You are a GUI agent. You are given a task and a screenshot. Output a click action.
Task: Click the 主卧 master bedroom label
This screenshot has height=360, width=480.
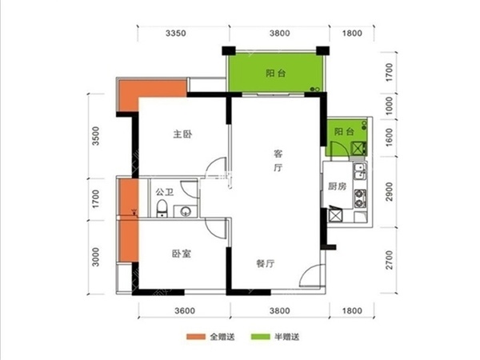(x=182, y=134)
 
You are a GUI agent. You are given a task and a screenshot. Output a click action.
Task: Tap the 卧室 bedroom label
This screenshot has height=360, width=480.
(x=182, y=254)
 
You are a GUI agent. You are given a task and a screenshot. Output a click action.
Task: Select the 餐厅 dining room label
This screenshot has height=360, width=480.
(x=266, y=263)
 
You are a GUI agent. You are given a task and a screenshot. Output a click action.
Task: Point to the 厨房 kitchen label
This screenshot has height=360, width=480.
(x=338, y=186)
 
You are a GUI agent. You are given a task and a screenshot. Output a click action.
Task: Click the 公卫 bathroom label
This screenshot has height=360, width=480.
(x=165, y=192)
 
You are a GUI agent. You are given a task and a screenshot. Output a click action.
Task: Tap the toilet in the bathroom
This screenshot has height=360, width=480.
(x=162, y=208)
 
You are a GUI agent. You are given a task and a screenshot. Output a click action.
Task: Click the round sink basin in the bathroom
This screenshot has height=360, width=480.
(x=186, y=211)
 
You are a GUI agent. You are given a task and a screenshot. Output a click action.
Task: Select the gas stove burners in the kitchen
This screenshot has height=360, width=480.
(x=360, y=198)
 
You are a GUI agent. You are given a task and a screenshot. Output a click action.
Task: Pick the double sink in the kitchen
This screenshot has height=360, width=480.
(x=359, y=171)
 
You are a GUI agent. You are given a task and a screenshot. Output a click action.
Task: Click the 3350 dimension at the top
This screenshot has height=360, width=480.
(x=176, y=33)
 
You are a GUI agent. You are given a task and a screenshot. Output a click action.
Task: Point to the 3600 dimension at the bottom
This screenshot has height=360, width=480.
(x=185, y=310)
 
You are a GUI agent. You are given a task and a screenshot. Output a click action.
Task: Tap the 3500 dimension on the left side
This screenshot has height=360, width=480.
(x=96, y=136)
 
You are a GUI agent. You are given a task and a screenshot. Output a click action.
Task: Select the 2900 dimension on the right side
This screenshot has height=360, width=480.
(x=389, y=192)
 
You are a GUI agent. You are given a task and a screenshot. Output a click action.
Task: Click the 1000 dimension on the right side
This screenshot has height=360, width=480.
(x=389, y=106)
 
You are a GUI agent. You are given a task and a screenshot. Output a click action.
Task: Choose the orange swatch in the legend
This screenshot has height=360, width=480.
(x=196, y=337)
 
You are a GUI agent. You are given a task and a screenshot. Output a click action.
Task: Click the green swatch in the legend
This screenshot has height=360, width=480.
(x=261, y=337)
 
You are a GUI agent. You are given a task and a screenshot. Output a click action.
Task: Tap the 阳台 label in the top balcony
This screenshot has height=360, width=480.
(x=276, y=74)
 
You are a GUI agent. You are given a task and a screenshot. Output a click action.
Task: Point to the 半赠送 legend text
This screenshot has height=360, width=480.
(x=287, y=337)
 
